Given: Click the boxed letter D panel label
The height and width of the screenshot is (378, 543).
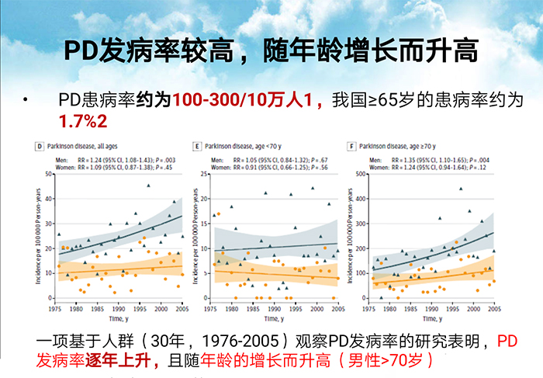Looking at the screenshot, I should click(x=38, y=145).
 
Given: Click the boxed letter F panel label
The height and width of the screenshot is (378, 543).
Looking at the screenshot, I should click(x=352, y=145).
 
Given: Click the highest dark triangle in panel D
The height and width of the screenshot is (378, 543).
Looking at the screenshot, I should click(x=148, y=186).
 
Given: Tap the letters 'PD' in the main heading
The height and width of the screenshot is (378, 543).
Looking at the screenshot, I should click(x=81, y=51).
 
